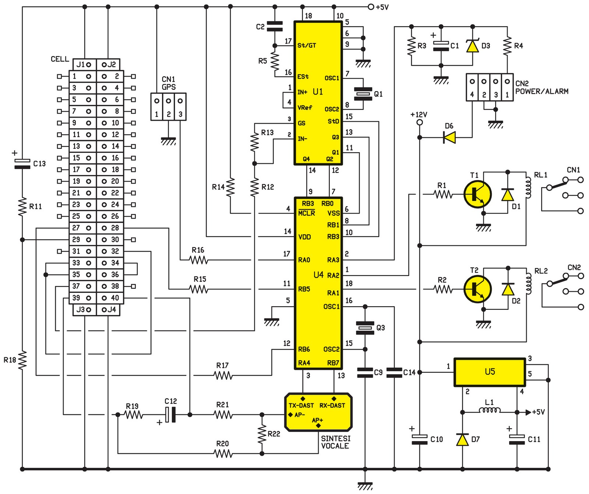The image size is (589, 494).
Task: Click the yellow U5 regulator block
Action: pyautogui.click(x=490, y=372)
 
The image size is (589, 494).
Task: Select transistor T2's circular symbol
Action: pyautogui.click(x=477, y=290)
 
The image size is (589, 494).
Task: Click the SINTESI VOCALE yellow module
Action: pyautogui.click(x=318, y=412)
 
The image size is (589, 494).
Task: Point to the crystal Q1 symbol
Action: pyautogui.click(x=363, y=94)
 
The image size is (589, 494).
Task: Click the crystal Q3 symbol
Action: pyautogui.click(x=365, y=327)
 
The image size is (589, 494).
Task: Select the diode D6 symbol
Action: pyautogui.click(x=449, y=137)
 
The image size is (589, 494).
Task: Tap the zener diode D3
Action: pyautogui.click(x=473, y=46)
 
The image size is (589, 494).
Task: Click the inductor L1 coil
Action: pyautogui.click(x=490, y=411)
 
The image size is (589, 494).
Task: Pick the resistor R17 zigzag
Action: pyautogui.click(x=223, y=375)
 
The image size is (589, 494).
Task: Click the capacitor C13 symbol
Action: pyautogui.click(x=22, y=164)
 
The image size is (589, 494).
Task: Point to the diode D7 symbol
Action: pyautogui.click(x=462, y=440)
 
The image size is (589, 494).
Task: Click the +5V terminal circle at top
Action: pyautogui.click(x=371, y=7)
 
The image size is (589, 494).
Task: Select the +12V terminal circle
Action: pyautogui.click(x=419, y=122)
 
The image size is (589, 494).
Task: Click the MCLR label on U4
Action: pyautogui.click(x=307, y=213)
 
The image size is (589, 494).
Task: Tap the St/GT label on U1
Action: pyautogui.click(x=307, y=46)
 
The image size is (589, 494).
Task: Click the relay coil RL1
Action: pyautogui.click(x=529, y=188)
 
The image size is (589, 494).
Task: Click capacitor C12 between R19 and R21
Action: pyautogui.click(x=170, y=415)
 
